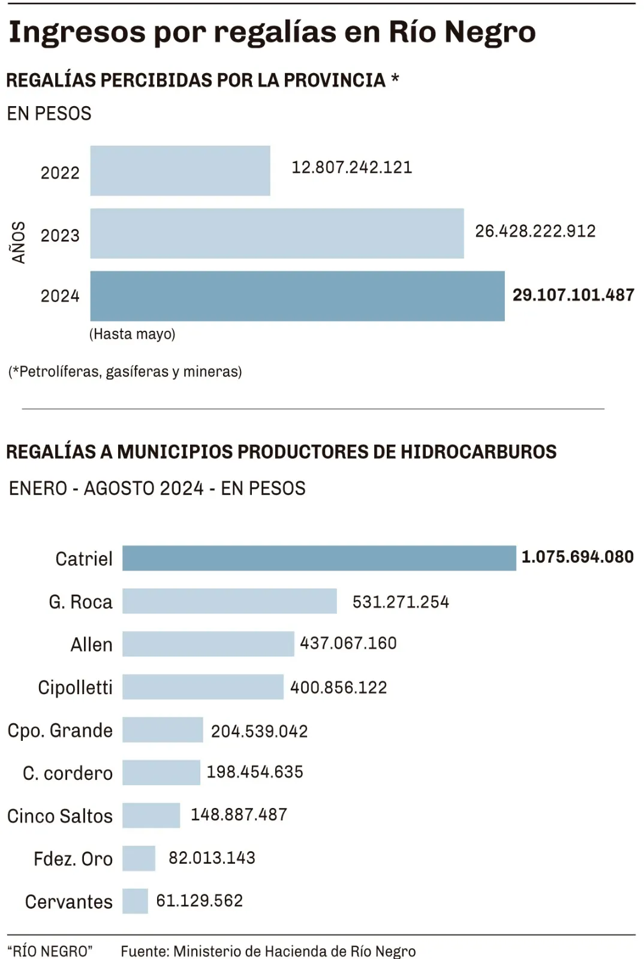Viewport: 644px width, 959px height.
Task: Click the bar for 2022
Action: coord(180,171)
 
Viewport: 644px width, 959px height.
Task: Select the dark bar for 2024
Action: coord(297,296)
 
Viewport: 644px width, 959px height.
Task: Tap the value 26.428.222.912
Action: coord(535,231)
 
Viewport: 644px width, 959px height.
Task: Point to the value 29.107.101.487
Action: coord(573,295)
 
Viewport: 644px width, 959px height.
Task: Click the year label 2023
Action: coord(60,236)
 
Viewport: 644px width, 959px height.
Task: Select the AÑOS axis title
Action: coord(19,242)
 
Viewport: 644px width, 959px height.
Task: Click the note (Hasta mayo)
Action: coord(133,334)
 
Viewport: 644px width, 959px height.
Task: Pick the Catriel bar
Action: coord(319,558)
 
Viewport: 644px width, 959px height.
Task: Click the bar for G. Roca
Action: coord(230,601)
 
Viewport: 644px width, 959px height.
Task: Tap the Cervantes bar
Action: coord(135,901)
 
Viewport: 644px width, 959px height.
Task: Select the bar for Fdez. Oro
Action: coord(139,858)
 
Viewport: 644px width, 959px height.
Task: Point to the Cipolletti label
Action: coord(75,687)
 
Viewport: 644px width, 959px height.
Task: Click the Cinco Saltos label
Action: coord(60,816)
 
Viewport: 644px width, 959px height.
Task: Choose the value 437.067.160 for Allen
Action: coord(348,644)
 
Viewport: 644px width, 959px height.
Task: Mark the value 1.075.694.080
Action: coord(577,557)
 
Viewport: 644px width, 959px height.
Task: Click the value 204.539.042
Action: coord(259,731)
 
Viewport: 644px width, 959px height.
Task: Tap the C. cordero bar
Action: coord(161,773)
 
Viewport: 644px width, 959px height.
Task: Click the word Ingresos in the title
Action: coord(77,32)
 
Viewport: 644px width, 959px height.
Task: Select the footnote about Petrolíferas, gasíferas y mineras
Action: coord(125,372)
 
